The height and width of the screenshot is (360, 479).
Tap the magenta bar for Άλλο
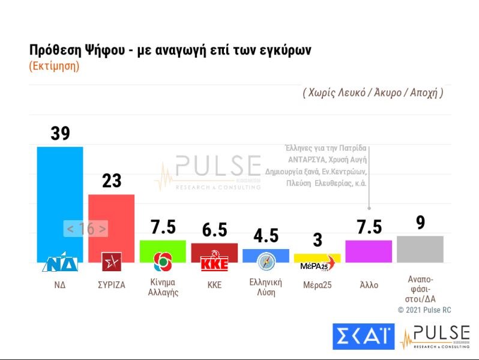[x=369, y=251]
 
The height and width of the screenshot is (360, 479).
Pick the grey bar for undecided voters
[x=420, y=249]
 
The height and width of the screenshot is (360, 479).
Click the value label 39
[x=60, y=133]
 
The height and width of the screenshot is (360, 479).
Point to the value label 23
[x=112, y=181]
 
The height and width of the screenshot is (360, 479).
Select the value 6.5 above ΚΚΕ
[x=214, y=230]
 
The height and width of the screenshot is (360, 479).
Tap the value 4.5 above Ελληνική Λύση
[x=266, y=236]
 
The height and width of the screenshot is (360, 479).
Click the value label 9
[x=420, y=223]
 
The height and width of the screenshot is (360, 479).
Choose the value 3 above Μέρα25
[x=318, y=241]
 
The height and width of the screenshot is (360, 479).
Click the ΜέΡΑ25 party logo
[x=316, y=266]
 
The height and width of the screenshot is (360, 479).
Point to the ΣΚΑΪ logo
[x=364, y=337]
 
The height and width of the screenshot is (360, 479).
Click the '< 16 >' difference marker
[x=86, y=229]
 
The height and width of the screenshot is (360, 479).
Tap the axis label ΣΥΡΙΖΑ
[x=112, y=285]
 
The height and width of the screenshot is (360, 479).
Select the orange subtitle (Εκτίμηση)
[x=54, y=66]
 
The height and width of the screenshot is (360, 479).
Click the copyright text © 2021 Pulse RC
[x=424, y=310]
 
